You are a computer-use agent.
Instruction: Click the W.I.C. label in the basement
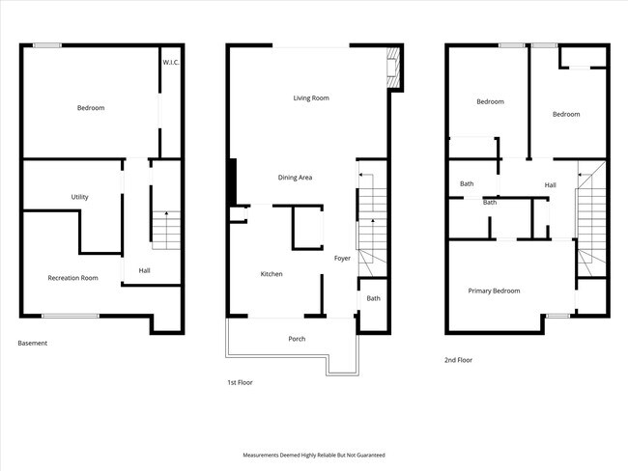[x=171, y=63]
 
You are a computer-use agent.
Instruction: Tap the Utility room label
[x=79, y=197]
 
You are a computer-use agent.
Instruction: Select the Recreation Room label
[x=72, y=278]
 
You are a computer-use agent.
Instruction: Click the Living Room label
[x=311, y=98]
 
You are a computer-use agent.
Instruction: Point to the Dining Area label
[x=296, y=178]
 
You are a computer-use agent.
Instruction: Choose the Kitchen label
[x=271, y=274]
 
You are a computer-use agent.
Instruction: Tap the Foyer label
[x=342, y=259]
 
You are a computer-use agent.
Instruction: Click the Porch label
[x=297, y=339]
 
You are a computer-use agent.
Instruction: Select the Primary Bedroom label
[x=495, y=291]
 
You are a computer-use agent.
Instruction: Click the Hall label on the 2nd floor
[x=551, y=185]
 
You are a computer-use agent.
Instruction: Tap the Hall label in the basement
[x=145, y=270]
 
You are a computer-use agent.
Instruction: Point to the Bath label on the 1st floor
[x=373, y=298]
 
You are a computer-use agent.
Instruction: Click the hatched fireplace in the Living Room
[x=393, y=68]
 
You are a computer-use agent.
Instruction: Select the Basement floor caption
[x=33, y=343]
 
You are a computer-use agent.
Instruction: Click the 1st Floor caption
[x=240, y=382]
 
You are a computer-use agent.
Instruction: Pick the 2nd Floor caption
[x=458, y=360]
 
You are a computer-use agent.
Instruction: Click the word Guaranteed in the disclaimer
[x=372, y=455]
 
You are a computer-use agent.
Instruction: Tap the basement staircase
[x=166, y=230]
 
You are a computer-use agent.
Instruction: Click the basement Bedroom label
[x=91, y=108]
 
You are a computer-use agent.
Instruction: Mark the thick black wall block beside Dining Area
[x=232, y=182]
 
